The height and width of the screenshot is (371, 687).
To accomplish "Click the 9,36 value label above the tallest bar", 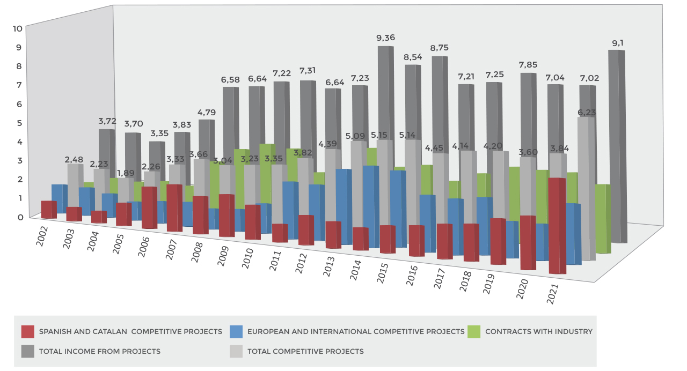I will coord(386,38).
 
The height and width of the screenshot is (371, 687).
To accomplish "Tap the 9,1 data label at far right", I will coord(617,42).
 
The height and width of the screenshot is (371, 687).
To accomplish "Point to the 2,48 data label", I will coord(75,159).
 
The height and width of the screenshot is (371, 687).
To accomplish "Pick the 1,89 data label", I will coord(126,173).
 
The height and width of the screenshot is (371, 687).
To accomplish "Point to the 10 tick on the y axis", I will coord(18,28).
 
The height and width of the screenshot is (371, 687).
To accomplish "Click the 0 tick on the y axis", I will coord(20,217).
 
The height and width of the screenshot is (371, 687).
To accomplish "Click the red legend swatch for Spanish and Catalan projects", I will coord(28,331).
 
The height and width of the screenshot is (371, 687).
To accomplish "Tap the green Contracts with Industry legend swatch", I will coord(474,331).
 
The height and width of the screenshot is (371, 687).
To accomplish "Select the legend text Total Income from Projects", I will coord(99,352).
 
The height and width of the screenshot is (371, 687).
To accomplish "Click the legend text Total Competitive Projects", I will coord(305,352).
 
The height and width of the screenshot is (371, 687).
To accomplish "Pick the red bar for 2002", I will coord(48,210).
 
